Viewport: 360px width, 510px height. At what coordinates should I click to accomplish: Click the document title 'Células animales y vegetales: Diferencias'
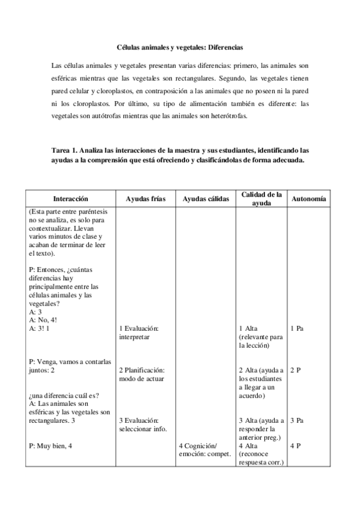coord(180,46)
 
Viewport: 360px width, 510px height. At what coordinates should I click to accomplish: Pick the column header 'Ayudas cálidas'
coord(206,198)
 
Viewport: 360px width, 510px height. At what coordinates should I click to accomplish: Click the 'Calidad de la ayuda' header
coord(261,198)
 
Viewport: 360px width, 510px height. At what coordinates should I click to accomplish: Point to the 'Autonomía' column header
coord(308,198)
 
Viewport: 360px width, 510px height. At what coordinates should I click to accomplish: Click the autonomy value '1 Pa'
coord(296,329)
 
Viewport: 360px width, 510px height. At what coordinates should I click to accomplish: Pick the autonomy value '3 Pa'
coord(296,420)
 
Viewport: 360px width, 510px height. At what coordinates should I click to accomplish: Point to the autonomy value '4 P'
coord(295,446)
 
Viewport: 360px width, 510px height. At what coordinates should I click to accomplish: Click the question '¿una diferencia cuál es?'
coord(63,396)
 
